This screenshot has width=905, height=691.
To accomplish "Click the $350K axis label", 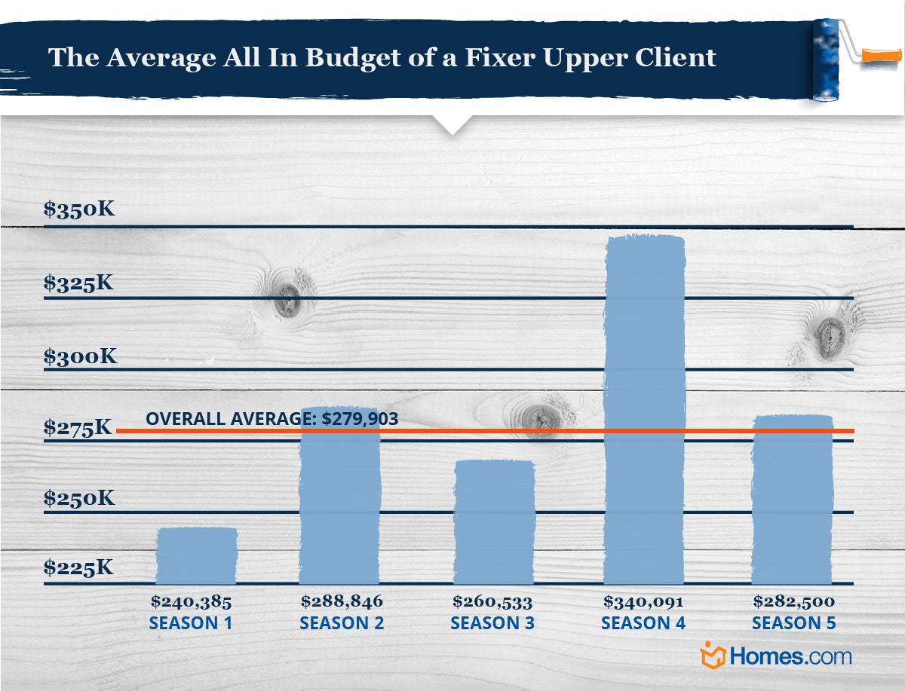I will (79, 209).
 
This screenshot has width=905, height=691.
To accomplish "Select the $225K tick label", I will (78, 567).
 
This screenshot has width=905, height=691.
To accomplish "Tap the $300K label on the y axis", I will (80, 356).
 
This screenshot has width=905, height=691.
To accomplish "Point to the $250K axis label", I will (79, 498).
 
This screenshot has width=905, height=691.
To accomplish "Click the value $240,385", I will (191, 602).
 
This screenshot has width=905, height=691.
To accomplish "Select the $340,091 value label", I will (643, 602).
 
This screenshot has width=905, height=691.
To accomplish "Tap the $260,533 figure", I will (492, 602).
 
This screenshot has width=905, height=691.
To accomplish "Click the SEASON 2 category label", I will (342, 624).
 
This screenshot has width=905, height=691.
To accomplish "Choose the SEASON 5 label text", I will (794, 624).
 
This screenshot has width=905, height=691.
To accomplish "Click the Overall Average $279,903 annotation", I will (271, 419).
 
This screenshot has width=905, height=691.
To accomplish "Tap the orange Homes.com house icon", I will (713, 655).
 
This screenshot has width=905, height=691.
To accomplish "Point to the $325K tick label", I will (79, 283).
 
